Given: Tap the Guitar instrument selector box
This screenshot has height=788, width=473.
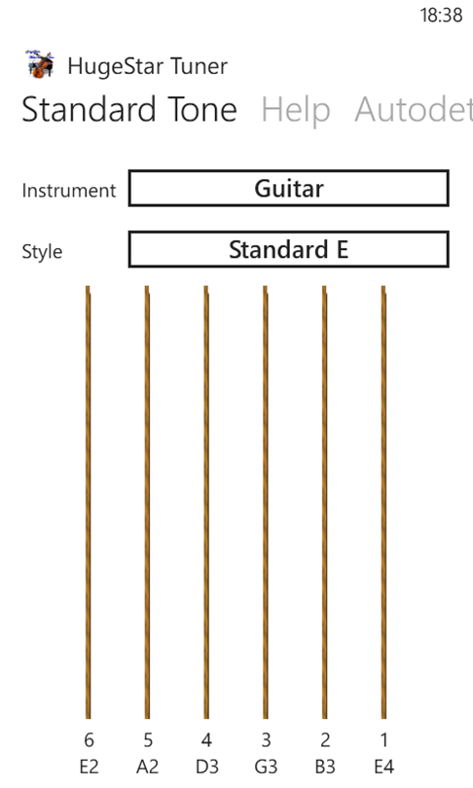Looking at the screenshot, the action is point(288,189).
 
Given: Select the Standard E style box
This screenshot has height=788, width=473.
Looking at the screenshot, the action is point(288,249).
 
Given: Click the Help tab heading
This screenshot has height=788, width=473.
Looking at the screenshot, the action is point(296,111).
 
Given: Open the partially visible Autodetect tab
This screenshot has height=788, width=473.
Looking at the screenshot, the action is point(414,110).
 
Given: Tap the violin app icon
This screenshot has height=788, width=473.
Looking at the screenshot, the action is point(40,64).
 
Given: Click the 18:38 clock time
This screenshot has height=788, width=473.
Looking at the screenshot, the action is point(441,16).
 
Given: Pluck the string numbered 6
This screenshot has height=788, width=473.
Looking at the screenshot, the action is point(89,502).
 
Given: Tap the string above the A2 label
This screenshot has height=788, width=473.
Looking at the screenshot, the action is point(147,502).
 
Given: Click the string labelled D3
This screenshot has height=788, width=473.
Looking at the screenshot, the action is point(206,502).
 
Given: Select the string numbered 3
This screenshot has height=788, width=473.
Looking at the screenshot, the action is point(266,502).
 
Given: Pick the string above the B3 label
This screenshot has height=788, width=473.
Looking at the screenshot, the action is point(325,502).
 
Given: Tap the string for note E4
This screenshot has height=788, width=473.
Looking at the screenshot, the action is point(383,502).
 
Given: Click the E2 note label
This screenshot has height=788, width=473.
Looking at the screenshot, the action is point(89,767).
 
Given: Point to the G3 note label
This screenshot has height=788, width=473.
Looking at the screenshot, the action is point(266,767).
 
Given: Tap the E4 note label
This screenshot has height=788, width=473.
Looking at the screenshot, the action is point(384,767).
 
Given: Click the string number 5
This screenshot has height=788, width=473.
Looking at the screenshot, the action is point(148,739).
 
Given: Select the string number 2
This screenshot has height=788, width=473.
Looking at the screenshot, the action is point(325,739).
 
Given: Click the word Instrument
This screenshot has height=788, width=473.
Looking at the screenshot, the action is point(69,191).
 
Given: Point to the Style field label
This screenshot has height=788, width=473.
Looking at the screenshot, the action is point(42,252).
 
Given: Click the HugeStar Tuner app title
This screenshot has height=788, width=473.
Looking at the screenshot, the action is point(148,66).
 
